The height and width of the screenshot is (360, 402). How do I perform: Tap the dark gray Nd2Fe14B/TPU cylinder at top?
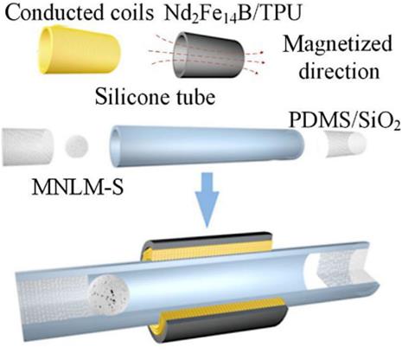[209, 55]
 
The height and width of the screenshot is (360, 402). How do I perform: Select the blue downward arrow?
[207, 200]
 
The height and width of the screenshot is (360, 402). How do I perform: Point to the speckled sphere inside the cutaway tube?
[110, 295]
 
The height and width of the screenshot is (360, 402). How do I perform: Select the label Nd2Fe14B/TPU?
[232, 14]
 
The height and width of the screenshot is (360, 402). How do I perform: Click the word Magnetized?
[337, 45]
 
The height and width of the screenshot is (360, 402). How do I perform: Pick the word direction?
[339, 70]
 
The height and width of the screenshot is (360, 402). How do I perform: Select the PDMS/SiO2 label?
[345, 119]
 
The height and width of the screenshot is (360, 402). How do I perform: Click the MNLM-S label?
[78, 187]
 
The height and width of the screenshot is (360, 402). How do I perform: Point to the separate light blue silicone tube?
[207, 145]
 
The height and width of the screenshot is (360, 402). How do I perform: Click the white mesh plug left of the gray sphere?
[28, 147]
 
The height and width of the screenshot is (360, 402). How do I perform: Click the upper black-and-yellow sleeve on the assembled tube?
[206, 246]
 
